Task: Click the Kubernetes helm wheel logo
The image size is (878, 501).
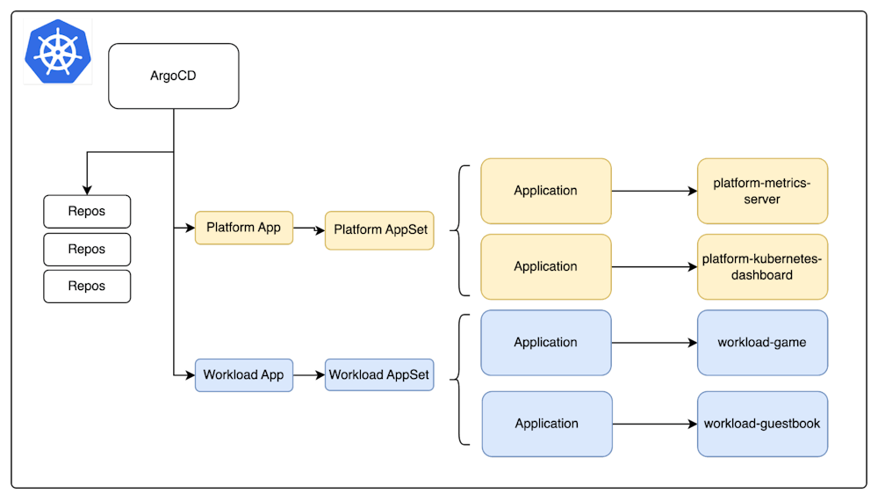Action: point(57,51)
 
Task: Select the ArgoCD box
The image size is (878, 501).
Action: point(173,76)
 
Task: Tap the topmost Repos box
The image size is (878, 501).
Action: point(87,212)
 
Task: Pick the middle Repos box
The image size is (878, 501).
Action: point(87,250)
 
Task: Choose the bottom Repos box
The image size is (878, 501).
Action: point(87,287)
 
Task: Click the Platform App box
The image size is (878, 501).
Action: point(243,228)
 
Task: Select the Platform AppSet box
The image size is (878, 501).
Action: point(379,229)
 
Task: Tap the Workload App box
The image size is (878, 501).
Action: point(243,374)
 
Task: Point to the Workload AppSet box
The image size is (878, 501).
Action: point(379,374)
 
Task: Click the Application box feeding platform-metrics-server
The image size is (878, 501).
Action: point(545,191)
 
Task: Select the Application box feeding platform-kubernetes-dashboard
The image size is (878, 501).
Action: point(545,266)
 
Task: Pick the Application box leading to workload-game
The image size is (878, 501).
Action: point(545,343)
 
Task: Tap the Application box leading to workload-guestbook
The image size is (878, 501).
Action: point(545,424)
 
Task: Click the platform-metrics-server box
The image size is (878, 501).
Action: point(762,191)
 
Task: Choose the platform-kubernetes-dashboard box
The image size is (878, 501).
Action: point(762,266)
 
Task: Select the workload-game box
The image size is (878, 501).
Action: point(762,343)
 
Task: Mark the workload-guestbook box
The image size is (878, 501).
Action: point(762,424)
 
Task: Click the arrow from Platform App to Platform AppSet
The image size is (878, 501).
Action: point(309,229)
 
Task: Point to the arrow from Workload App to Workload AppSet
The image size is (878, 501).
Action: point(309,375)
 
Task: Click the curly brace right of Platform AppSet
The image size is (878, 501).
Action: point(459,229)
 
